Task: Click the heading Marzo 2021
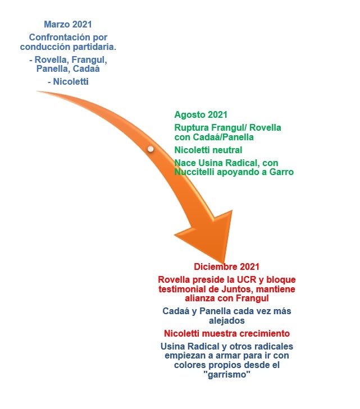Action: pyautogui.click(x=68, y=24)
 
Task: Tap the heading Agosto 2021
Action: pyautogui.click(x=200, y=115)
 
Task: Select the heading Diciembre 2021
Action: pyautogui.click(x=226, y=266)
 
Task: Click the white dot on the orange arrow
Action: pyautogui.click(x=151, y=149)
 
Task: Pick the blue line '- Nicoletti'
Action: pyautogui.click(x=68, y=82)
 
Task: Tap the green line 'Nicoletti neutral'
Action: pyautogui.click(x=208, y=150)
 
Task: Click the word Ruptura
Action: pyautogui.click(x=192, y=128)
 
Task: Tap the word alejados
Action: pyautogui.click(x=226, y=320)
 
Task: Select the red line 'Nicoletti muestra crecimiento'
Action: pyautogui.click(x=227, y=333)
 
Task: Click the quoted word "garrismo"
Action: pyautogui.click(x=226, y=375)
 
